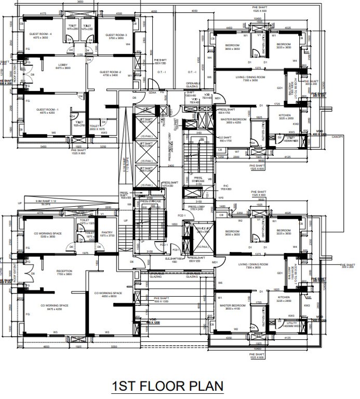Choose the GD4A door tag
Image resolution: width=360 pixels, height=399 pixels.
pyautogui.click(x=153, y=92)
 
